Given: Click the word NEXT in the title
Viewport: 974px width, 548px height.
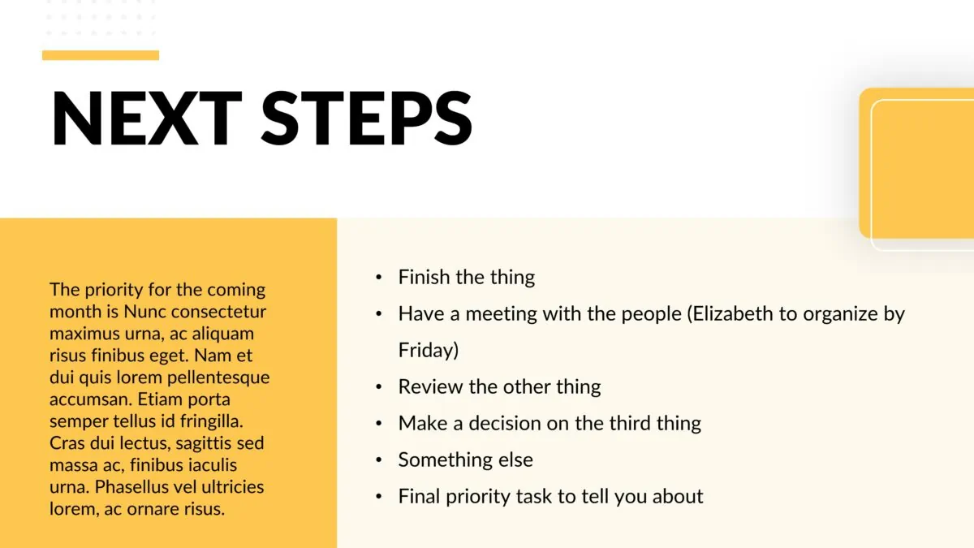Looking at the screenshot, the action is click(x=147, y=118).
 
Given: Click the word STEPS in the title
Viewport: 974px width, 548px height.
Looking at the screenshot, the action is click(x=367, y=118).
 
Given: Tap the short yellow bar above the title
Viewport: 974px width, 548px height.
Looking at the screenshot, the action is click(x=101, y=55).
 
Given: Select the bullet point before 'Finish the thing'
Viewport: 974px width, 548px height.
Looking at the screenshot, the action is click(x=379, y=278).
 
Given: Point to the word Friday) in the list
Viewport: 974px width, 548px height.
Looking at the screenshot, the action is click(x=429, y=350).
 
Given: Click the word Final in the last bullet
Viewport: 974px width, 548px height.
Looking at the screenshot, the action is click(x=419, y=496).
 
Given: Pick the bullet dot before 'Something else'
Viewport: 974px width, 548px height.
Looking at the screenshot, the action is click(x=379, y=460).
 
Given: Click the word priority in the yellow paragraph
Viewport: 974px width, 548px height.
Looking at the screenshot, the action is click(x=114, y=290).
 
